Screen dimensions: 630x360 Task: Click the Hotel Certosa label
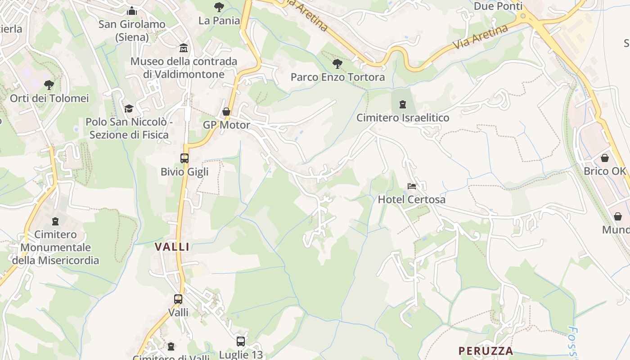[x=411, y=199]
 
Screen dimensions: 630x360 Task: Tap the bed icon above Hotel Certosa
[x=411, y=186]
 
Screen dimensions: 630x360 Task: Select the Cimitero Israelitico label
[x=403, y=118]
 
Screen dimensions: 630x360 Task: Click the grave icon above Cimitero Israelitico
[x=402, y=104]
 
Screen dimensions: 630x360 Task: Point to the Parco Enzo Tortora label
[x=337, y=77]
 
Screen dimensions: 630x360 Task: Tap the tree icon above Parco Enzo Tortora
[x=337, y=64]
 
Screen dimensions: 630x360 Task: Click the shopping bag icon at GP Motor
[x=226, y=112]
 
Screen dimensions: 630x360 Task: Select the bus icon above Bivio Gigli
[x=184, y=158]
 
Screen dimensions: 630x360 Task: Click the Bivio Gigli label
[x=184, y=172]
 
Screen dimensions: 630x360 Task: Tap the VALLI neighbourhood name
[x=172, y=247]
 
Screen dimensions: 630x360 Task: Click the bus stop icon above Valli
[x=178, y=299]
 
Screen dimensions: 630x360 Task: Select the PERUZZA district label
[x=486, y=351]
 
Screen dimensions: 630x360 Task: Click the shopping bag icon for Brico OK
[x=605, y=158]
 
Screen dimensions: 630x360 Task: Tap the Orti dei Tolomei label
[x=49, y=98]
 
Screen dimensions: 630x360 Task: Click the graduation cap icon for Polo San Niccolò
[x=129, y=108]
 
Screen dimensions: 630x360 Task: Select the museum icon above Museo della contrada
[x=184, y=48]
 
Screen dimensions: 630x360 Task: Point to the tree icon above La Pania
[x=219, y=7]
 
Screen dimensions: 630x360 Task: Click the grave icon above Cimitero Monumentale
[x=55, y=221]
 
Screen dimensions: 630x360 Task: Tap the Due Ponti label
[x=498, y=6]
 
